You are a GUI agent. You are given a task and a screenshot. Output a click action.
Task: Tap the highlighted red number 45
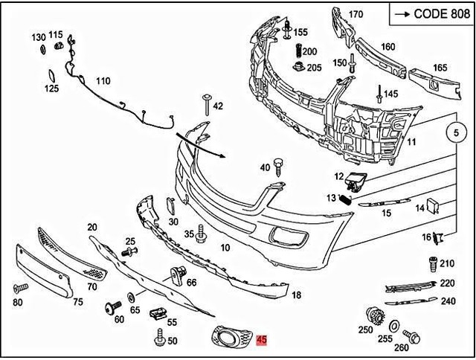(260, 341)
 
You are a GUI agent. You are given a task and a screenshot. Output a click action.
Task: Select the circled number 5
(455, 134)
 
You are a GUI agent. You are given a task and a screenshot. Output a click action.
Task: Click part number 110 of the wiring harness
(102, 81)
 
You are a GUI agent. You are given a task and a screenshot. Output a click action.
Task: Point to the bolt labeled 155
(287, 30)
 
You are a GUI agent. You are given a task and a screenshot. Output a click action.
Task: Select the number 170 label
(356, 14)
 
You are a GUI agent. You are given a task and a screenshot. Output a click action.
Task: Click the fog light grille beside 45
(231, 338)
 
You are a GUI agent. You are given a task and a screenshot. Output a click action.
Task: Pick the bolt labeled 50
(158, 341)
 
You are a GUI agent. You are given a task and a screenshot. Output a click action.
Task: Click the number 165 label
(440, 68)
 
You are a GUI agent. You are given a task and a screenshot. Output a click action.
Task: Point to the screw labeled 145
(379, 94)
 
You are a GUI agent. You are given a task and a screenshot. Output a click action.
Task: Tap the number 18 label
(296, 295)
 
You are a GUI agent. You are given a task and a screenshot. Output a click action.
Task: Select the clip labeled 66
(178, 275)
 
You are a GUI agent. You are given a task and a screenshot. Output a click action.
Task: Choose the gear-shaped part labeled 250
(376, 315)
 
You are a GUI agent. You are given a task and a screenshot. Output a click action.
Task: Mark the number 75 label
(77, 301)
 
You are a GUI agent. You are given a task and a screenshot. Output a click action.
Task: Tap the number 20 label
(92, 227)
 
